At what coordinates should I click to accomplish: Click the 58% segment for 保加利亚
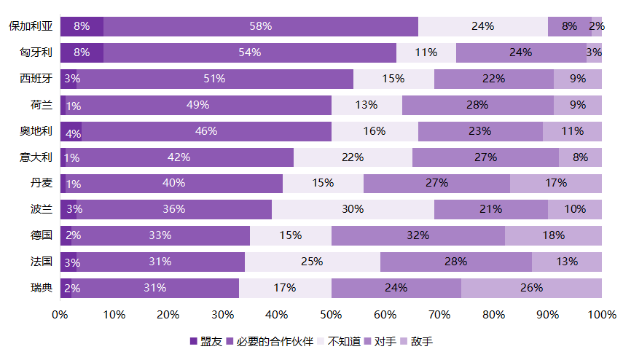pyautogui.click(x=261, y=26)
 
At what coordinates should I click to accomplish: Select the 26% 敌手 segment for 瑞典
pyautogui.click(x=531, y=288)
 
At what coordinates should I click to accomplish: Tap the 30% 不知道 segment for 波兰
pyautogui.click(x=353, y=209)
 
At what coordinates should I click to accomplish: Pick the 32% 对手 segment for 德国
pyautogui.click(x=418, y=235)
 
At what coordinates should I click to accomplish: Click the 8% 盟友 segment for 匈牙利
pyautogui.click(x=82, y=52)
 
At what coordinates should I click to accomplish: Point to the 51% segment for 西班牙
pyautogui.click(x=215, y=79)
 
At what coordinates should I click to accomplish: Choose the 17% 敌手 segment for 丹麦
pyautogui.click(x=555, y=183)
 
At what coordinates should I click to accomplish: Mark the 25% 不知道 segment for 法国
pyautogui.click(x=312, y=262)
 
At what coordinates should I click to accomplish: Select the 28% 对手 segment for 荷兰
pyautogui.click(x=477, y=105)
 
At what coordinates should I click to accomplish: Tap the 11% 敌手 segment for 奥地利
pyautogui.click(x=572, y=131)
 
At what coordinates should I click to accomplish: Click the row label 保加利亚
pyautogui.click(x=31, y=26)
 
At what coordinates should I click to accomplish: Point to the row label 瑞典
pyautogui.click(x=42, y=288)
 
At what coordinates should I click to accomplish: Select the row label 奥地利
pyautogui.click(x=36, y=131)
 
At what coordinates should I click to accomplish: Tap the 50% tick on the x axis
pyautogui.click(x=332, y=315)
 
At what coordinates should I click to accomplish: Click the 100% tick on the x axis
pyautogui.click(x=601, y=315)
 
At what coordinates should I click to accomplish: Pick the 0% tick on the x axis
pyautogui.click(x=60, y=315)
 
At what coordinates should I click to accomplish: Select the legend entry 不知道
pyautogui.click(x=345, y=341)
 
